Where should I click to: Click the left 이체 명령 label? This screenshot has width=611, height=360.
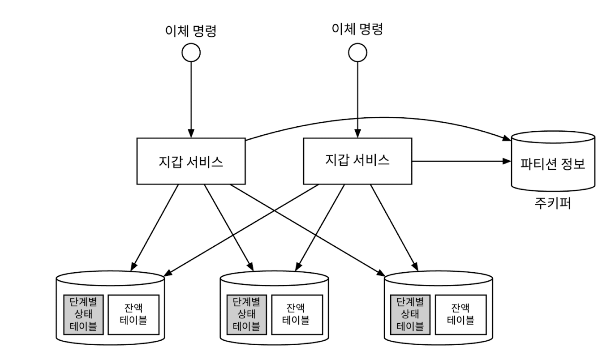[x=191, y=31]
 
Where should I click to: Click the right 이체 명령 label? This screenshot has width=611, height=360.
[x=357, y=30]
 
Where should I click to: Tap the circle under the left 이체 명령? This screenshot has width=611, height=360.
[x=191, y=53]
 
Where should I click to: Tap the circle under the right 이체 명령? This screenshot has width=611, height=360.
[x=357, y=52]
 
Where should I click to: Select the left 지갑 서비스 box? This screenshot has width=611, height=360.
[x=191, y=161]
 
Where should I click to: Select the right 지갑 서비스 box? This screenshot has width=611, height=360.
[x=357, y=160]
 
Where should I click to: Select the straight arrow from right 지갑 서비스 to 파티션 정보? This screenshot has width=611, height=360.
[x=461, y=160]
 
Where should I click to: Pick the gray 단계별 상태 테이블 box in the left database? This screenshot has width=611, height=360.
[x=83, y=314]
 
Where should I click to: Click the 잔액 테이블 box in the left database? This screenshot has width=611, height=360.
[x=133, y=314]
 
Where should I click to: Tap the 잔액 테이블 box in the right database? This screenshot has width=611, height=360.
[x=461, y=314]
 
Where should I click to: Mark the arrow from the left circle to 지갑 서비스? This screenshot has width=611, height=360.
[x=191, y=99]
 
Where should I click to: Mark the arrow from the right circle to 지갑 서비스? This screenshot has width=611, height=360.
[x=357, y=99]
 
